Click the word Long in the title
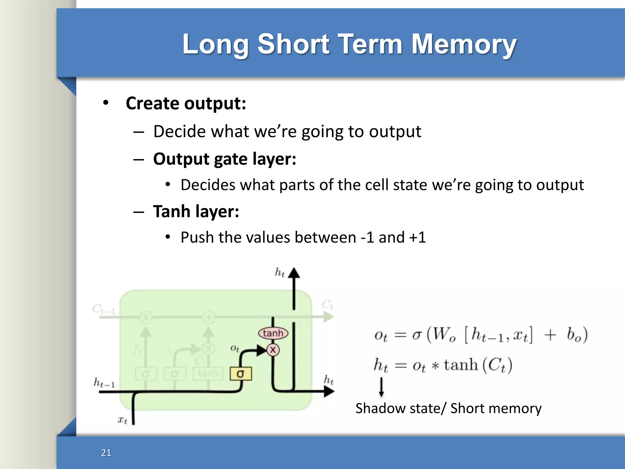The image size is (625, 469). click(x=215, y=44)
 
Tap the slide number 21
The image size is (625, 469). click(x=106, y=453)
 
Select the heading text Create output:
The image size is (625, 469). click(x=186, y=103)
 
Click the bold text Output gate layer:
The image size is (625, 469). click(x=225, y=159)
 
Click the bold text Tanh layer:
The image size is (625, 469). click(x=196, y=211)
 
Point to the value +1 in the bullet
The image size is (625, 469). click(x=417, y=238)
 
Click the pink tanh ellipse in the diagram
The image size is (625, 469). click(x=273, y=333)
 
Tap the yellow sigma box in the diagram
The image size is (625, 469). click(x=240, y=374)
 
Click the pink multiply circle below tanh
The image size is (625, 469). click(x=273, y=350)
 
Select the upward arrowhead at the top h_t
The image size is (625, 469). click(x=294, y=273)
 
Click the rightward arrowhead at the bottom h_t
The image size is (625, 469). click(x=329, y=391)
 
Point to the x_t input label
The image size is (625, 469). click(x=122, y=420)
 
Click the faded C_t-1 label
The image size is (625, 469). click(x=104, y=309)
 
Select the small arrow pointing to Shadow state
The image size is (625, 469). click(x=381, y=387)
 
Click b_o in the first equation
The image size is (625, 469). click(x=574, y=335)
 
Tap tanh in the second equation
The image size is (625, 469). click(x=461, y=365)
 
